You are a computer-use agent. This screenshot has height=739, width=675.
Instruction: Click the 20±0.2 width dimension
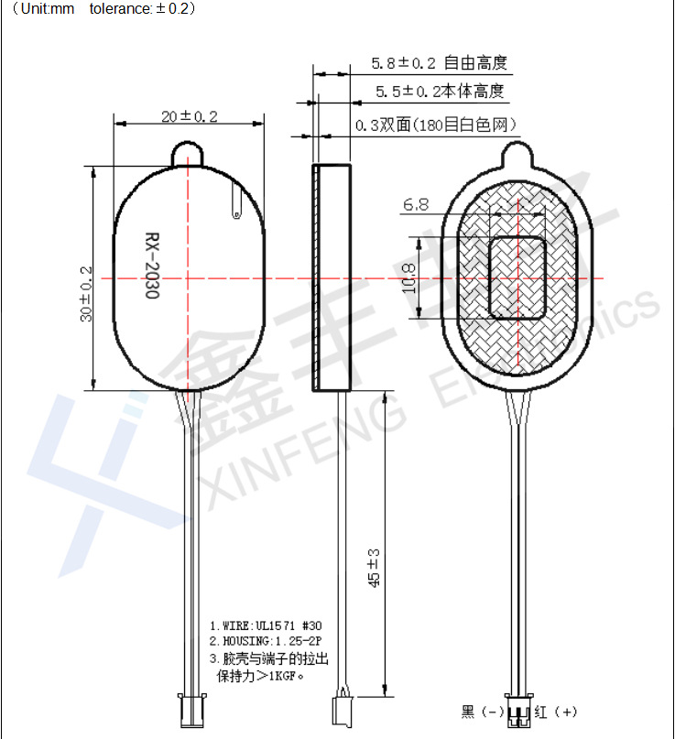click(189, 117)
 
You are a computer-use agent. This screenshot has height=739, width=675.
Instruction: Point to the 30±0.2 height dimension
click(86, 294)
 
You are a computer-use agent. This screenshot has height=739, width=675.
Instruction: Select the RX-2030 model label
click(151, 266)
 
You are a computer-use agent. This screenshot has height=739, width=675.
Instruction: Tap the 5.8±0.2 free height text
click(438, 63)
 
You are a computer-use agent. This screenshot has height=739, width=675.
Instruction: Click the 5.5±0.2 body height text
click(439, 92)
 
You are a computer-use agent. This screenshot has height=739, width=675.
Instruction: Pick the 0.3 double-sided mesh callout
click(435, 125)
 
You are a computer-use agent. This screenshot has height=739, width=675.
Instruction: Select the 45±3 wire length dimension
click(373, 569)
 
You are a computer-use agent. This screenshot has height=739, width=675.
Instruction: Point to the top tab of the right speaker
click(518, 150)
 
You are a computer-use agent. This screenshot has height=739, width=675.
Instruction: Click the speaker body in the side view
click(332, 277)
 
